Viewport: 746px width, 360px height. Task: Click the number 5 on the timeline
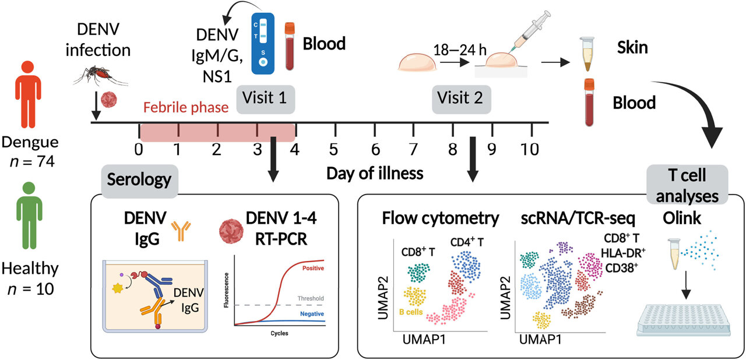(x=334, y=149)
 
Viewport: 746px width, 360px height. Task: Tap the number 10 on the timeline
(x=530, y=149)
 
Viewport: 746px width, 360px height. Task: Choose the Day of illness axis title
(x=374, y=173)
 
